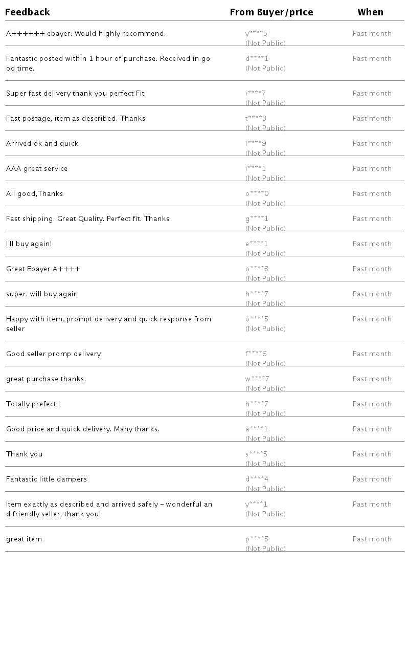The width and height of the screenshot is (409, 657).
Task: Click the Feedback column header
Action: click(x=28, y=12)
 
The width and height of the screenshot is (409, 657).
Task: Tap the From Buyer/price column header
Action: click(x=271, y=12)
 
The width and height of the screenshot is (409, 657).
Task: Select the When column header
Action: click(x=370, y=12)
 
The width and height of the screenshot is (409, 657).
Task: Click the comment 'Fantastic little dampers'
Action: click(x=47, y=479)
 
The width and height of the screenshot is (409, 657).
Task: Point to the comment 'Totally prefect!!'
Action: click(x=33, y=404)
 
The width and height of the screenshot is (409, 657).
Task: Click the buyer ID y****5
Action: click(x=256, y=34)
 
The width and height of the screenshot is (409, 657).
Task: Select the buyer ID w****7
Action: click(x=257, y=379)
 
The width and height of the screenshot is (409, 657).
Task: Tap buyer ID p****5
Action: click(x=257, y=539)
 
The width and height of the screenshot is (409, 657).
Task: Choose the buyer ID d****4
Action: click(x=257, y=479)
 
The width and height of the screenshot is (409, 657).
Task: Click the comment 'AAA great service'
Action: click(x=37, y=169)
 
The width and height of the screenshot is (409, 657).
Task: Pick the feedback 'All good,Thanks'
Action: click(x=35, y=194)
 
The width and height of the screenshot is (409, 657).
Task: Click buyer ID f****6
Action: click(x=256, y=354)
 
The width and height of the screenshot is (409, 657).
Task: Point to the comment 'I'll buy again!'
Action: click(x=29, y=244)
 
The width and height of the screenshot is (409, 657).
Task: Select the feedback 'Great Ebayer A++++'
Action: click(x=43, y=269)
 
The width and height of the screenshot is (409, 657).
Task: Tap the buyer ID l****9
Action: click(x=256, y=144)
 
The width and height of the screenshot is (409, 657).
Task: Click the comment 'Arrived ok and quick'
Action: click(x=42, y=144)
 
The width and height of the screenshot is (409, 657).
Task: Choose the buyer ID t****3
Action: click(x=256, y=119)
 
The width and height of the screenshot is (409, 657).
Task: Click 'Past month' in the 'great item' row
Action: click(x=372, y=539)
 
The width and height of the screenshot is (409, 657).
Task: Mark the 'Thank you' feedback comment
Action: click(x=25, y=454)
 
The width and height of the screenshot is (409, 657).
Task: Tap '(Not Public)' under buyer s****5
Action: click(x=265, y=464)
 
